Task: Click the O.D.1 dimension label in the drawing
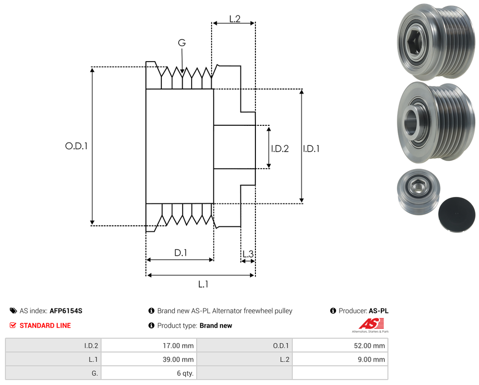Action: (x=76, y=146)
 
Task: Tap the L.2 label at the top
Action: (x=235, y=19)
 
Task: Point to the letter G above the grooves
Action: (x=182, y=43)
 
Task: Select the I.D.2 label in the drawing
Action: (x=279, y=148)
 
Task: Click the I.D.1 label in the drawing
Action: (x=311, y=148)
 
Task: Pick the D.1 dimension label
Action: (x=180, y=253)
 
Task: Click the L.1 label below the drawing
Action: (x=203, y=285)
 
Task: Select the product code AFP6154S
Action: (x=66, y=311)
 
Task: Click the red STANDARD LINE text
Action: (x=45, y=326)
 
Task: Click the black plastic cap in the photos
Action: (x=456, y=214)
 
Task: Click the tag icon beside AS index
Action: (x=13, y=311)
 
